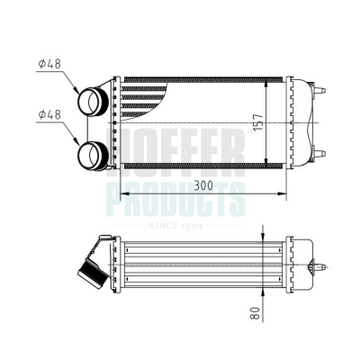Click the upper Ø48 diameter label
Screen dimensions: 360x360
click(x=49, y=64)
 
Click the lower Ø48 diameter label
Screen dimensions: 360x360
click(x=49, y=114)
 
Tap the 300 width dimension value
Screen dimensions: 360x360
click(x=203, y=185)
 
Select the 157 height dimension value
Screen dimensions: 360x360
click(x=258, y=121)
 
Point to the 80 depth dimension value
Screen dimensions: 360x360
click(x=255, y=313)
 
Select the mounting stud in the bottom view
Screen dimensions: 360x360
click(x=318, y=266)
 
